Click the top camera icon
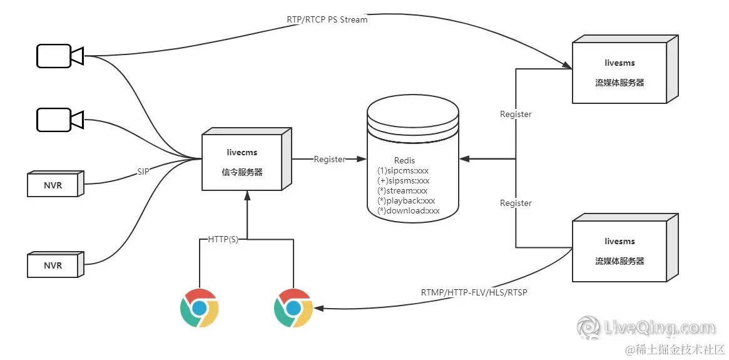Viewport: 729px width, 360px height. pyautogui.click(x=59, y=56)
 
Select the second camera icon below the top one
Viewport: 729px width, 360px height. pyautogui.click(x=59, y=119)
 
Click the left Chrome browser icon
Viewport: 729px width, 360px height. pyautogui.click(x=199, y=308)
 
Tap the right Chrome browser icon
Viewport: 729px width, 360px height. pyautogui.click(x=293, y=308)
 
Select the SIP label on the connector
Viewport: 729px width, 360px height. pyautogui.click(x=143, y=171)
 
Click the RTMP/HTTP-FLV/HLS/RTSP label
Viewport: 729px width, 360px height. pyautogui.click(x=474, y=292)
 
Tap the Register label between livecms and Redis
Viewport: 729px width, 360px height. pyautogui.click(x=329, y=159)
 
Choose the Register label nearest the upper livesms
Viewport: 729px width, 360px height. pyautogui.click(x=516, y=114)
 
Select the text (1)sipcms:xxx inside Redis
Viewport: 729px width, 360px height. pyautogui.click(x=404, y=170)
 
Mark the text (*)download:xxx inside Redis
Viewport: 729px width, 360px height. pyautogui.click(x=409, y=211)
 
